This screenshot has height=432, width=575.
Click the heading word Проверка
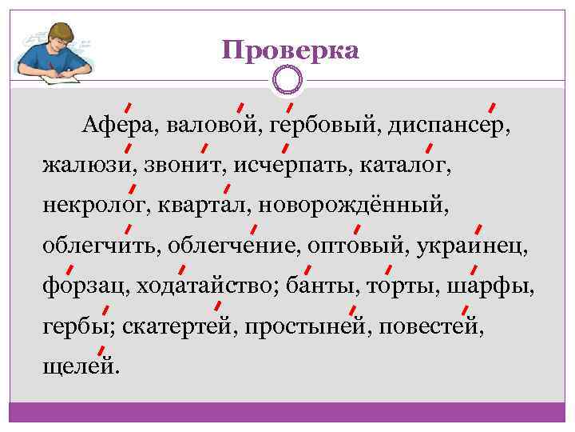[x=291, y=50]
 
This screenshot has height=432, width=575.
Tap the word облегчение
[x=236, y=247]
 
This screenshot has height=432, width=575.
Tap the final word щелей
[x=81, y=367]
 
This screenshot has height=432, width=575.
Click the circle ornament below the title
[x=287, y=81]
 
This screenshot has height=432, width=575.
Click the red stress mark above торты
[x=389, y=268]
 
